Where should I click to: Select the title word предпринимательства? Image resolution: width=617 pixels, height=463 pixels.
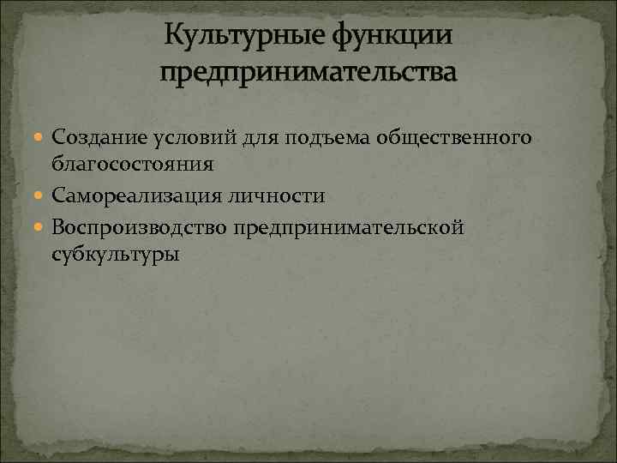pyautogui.click(x=308, y=72)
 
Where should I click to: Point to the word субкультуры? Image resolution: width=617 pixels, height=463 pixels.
pyautogui.click(x=116, y=255)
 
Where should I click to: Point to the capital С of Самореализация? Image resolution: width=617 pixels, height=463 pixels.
pyautogui.click(x=57, y=196)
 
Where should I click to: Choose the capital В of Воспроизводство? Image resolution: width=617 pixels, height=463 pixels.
pyautogui.click(x=58, y=227)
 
